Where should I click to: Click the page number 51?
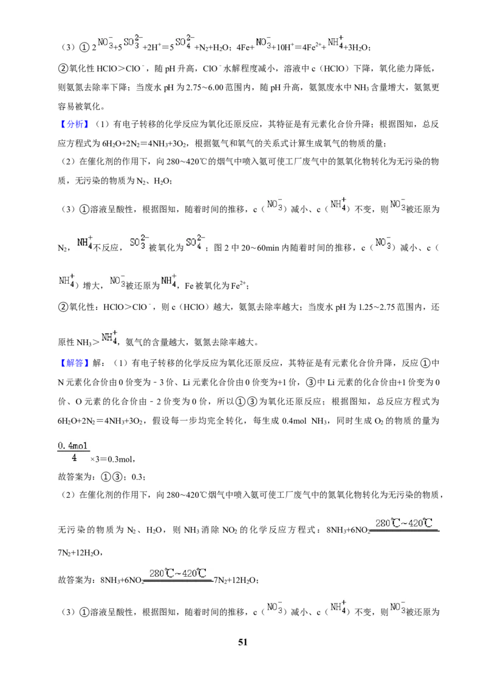pos(242,642)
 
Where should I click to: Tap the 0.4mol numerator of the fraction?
pos(73,445)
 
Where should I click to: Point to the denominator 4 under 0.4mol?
pos(74,458)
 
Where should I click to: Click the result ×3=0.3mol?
pos(112,459)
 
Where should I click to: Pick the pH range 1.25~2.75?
pos(377,307)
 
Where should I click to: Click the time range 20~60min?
pos(260,248)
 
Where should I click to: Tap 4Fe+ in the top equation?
pos(245,47)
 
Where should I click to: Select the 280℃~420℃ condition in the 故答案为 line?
pos(177,573)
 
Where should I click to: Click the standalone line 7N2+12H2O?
pos(80,553)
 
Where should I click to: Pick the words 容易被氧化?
pos(79,106)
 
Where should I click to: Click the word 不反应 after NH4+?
pos(106,248)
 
